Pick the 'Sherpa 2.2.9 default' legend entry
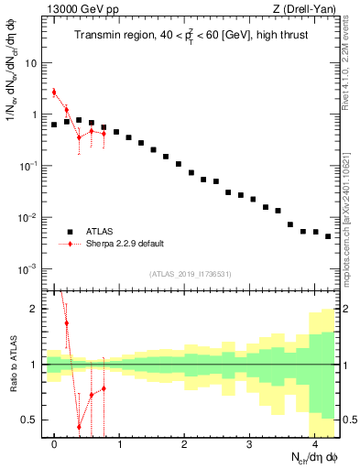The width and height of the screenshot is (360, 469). click(125, 244)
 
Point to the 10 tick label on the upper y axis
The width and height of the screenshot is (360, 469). click(30, 64)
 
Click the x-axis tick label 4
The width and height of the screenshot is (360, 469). click(314, 445)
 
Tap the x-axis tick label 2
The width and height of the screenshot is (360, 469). click(184, 445)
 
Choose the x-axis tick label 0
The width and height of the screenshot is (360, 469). click(55, 445)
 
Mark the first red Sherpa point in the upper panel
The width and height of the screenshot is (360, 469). click(55, 92)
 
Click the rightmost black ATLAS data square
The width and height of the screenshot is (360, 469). click(328, 236)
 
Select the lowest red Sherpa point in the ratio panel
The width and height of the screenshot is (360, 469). click(80, 427)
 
